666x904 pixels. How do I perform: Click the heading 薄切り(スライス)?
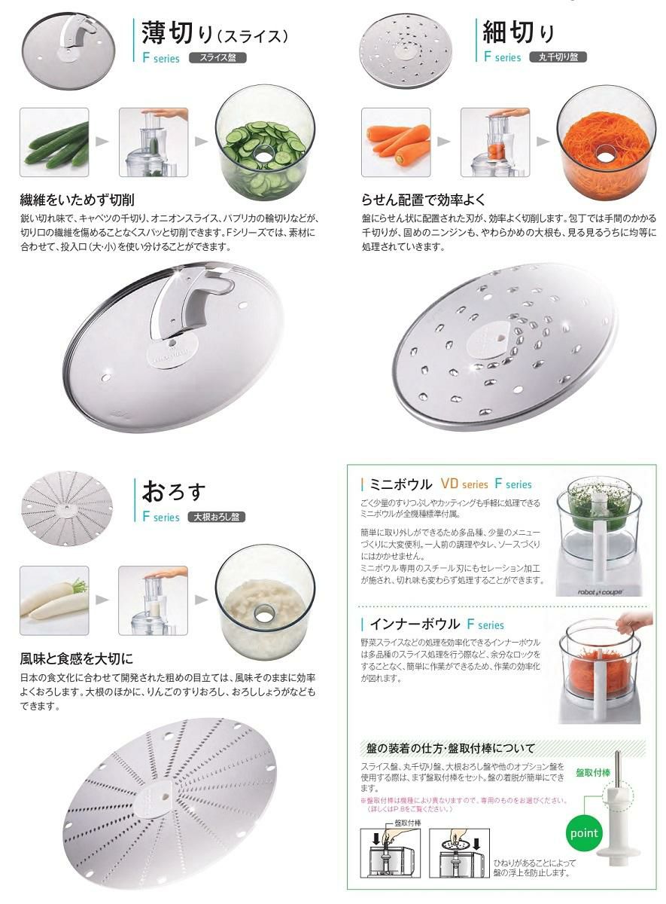tap(214, 33)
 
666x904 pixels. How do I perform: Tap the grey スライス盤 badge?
tap(217, 58)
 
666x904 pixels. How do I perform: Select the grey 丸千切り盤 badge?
tap(558, 57)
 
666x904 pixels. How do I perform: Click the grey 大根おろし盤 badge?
tap(217, 517)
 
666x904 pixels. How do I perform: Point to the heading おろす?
tap(173, 491)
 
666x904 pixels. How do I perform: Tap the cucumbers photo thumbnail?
tap(54, 142)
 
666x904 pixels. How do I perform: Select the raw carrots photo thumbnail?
tap(396, 142)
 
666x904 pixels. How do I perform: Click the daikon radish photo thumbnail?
tap(54, 600)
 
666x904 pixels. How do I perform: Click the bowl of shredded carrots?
tap(607, 142)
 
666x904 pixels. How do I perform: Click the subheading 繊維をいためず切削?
tap(77, 200)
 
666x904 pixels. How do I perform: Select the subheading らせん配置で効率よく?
tap(423, 200)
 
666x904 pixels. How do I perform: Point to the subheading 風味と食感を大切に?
tap(77, 658)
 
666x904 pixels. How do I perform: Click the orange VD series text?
tap(464, 484)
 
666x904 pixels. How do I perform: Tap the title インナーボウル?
tap(415, 624)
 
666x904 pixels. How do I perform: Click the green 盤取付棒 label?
tap(593, 772)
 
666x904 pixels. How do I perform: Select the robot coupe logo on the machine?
tap(601, 592)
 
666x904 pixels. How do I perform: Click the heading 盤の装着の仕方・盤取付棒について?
tap(450, 749)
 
